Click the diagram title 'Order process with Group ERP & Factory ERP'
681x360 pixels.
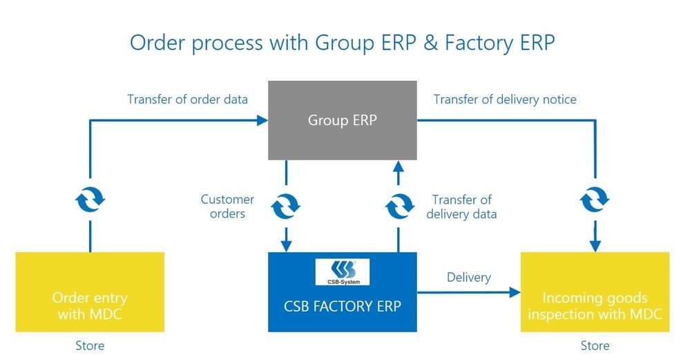click(x=342, y=43)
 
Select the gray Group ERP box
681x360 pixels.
click(x=342, y=120)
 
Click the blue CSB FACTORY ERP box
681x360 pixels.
click(x=342, y=292)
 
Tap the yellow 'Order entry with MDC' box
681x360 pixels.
click(x=90, y=292)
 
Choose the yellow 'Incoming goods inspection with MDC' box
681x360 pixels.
click(x=595, y=292)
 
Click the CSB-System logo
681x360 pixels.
click(x=342, y=272)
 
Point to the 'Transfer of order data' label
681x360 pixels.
click(x=187, y=100)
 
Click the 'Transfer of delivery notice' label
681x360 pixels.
click(x=504, y=100)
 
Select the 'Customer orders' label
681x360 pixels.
click(x=227, y=207)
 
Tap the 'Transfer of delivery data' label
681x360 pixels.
click(x=461, y=207)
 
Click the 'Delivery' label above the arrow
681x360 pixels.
click(x=468, y=277)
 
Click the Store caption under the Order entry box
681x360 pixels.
click(x=90, y=345)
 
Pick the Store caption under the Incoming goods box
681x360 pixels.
click(x=595, y=345)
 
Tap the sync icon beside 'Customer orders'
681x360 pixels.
click(x=286, y=205)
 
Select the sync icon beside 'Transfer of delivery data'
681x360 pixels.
click(x=398, y=205)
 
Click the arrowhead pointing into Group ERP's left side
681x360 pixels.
click(x=262, y=120)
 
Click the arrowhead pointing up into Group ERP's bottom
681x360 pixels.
click(x=398, y=166)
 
